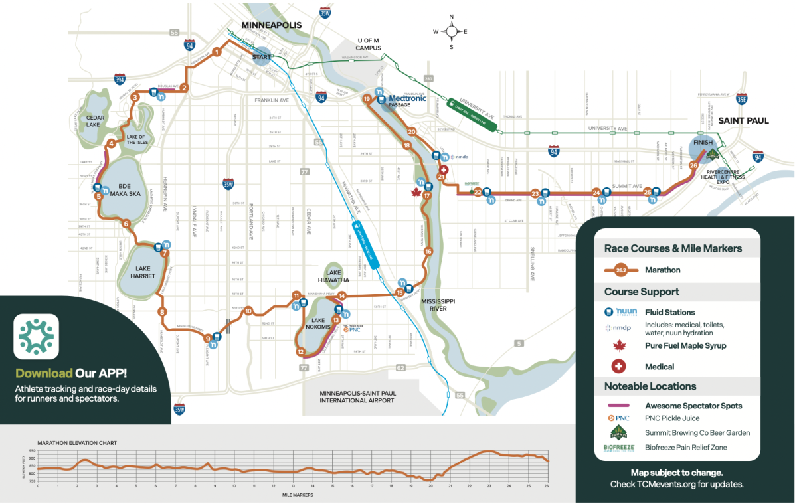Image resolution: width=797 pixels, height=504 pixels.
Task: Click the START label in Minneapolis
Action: (263, 57)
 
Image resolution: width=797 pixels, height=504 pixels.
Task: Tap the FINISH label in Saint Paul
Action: (702, 143)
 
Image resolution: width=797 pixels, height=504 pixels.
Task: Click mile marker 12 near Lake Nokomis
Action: (300, 352)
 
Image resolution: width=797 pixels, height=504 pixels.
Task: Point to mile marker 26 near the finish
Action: (693, 165)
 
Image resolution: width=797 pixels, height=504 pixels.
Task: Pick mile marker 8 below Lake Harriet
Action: (161, 311)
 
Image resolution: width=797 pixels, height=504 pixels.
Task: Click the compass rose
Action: (451, 31)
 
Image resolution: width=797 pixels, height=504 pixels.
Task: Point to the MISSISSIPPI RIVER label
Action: (438, 305)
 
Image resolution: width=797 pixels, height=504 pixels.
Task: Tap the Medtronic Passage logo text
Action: (406, 100)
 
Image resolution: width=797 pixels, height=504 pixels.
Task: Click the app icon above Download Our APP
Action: (37, 336)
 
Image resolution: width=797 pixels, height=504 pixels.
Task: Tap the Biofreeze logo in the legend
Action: (618, 448)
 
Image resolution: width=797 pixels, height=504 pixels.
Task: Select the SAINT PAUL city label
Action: (743, 120)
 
